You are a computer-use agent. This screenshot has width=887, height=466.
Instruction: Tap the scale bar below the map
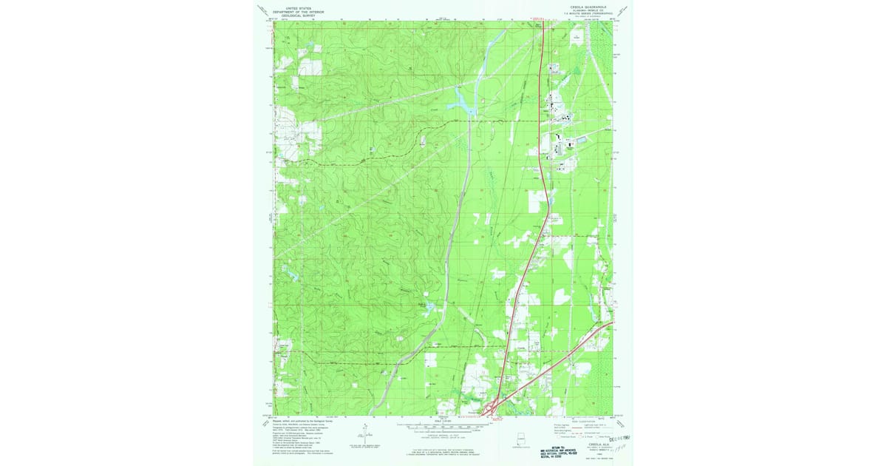click(x=443, y=425)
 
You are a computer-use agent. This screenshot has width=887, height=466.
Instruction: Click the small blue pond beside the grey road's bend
click(x=423, y=304)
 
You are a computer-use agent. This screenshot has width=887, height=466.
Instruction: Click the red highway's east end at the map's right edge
click(x=611, y=323)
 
